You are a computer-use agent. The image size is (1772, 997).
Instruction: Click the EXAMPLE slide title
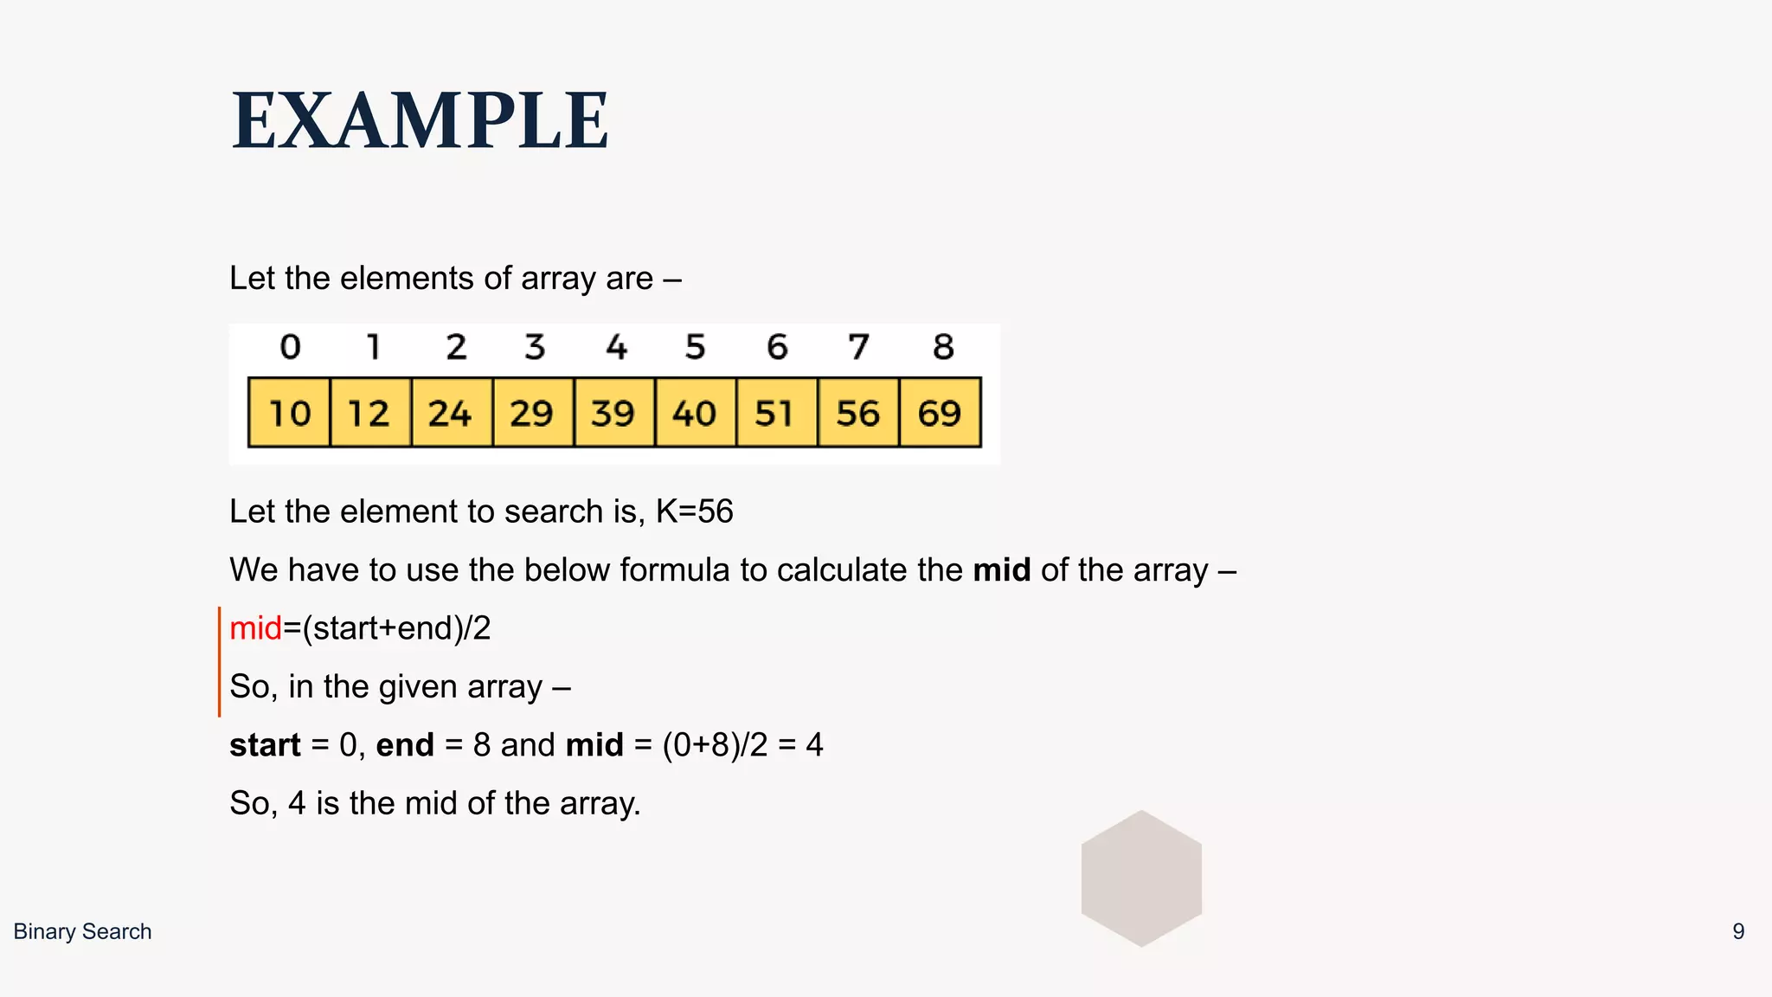point(421,121)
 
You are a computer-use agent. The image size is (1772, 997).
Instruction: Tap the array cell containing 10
point(289,413)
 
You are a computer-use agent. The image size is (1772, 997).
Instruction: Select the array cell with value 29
point(532,413)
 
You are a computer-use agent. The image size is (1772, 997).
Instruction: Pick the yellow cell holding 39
point(613,413)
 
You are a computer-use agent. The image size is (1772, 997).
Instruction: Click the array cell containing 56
point(858,413)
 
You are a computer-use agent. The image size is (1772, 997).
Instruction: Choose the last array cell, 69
point(940,413)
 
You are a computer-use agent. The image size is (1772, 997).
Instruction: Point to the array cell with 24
point(451,413)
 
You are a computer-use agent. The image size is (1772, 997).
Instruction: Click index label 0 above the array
point(290,347)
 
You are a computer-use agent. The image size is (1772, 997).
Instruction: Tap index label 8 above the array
point(943,347)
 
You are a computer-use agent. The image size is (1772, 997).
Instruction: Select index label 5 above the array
point(696,347)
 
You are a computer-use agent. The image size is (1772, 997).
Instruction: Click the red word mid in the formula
point(255,628)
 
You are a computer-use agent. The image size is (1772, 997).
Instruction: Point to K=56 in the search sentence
point(694,511)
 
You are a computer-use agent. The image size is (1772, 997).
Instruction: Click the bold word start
point(265,745)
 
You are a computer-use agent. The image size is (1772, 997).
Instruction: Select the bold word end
point(404,745)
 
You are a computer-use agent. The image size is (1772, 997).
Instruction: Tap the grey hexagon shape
point(1141,878)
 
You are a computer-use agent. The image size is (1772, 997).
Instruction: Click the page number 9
point(1737,931)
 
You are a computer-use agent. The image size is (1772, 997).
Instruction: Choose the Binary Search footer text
point(82,931)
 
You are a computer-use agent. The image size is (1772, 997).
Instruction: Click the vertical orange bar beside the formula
point(219,661)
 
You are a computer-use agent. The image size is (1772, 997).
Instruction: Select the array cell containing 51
point(776,413)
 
